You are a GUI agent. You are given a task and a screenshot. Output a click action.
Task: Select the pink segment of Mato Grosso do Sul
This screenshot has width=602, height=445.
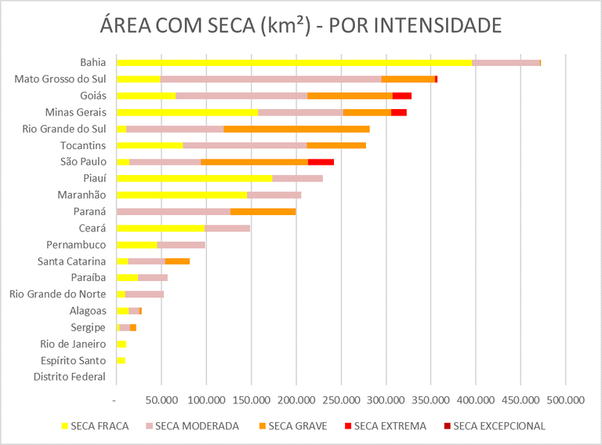tap(270, 78)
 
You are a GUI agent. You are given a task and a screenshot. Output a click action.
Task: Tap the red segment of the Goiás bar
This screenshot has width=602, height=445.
tap(402, 96)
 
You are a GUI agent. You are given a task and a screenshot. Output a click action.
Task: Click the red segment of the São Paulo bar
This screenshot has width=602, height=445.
tap(321, 162)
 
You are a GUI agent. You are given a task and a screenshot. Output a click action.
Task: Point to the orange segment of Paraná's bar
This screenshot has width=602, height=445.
tap(263, 211)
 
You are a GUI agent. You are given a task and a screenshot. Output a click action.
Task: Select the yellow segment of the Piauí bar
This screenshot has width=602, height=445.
tap(194, 178)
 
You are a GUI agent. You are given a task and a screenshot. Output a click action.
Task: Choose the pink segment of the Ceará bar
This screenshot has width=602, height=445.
tap(227, 228)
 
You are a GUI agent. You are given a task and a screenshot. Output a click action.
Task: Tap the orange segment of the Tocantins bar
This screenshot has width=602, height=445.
tap(336, 145)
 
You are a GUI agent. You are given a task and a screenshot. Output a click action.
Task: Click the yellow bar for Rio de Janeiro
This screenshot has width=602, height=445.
tap(121, 344)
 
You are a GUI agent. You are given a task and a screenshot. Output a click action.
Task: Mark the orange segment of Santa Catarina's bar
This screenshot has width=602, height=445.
tap(177, 261)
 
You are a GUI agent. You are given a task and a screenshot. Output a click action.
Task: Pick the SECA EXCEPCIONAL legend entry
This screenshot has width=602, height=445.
tap(494, 426)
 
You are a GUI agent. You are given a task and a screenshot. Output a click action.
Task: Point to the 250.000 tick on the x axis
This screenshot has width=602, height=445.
tap(342, 399)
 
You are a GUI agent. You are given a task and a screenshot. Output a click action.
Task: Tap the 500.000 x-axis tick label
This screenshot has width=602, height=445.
tap(566, 399)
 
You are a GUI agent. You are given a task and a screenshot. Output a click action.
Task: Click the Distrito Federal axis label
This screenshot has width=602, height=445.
tap(69, 377)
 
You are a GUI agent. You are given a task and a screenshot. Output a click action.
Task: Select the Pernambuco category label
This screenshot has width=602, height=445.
tap(76, 244)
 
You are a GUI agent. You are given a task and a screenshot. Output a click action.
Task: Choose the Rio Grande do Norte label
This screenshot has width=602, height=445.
tap(57, 294)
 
